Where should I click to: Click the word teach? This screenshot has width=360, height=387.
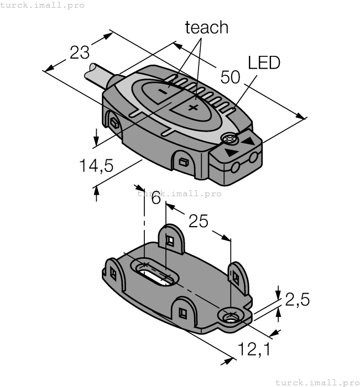[206, 28]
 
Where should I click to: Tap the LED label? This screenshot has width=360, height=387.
[264, 62]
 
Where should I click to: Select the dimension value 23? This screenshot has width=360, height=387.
[80, 53]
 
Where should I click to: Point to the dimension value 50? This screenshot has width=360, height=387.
[230, 77]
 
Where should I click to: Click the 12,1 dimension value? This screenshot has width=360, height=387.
[255, 349]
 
